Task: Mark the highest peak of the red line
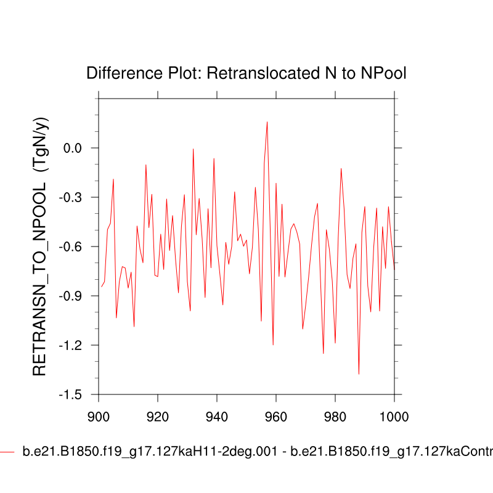tap(267, 122)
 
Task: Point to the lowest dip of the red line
tap(359, 374)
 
